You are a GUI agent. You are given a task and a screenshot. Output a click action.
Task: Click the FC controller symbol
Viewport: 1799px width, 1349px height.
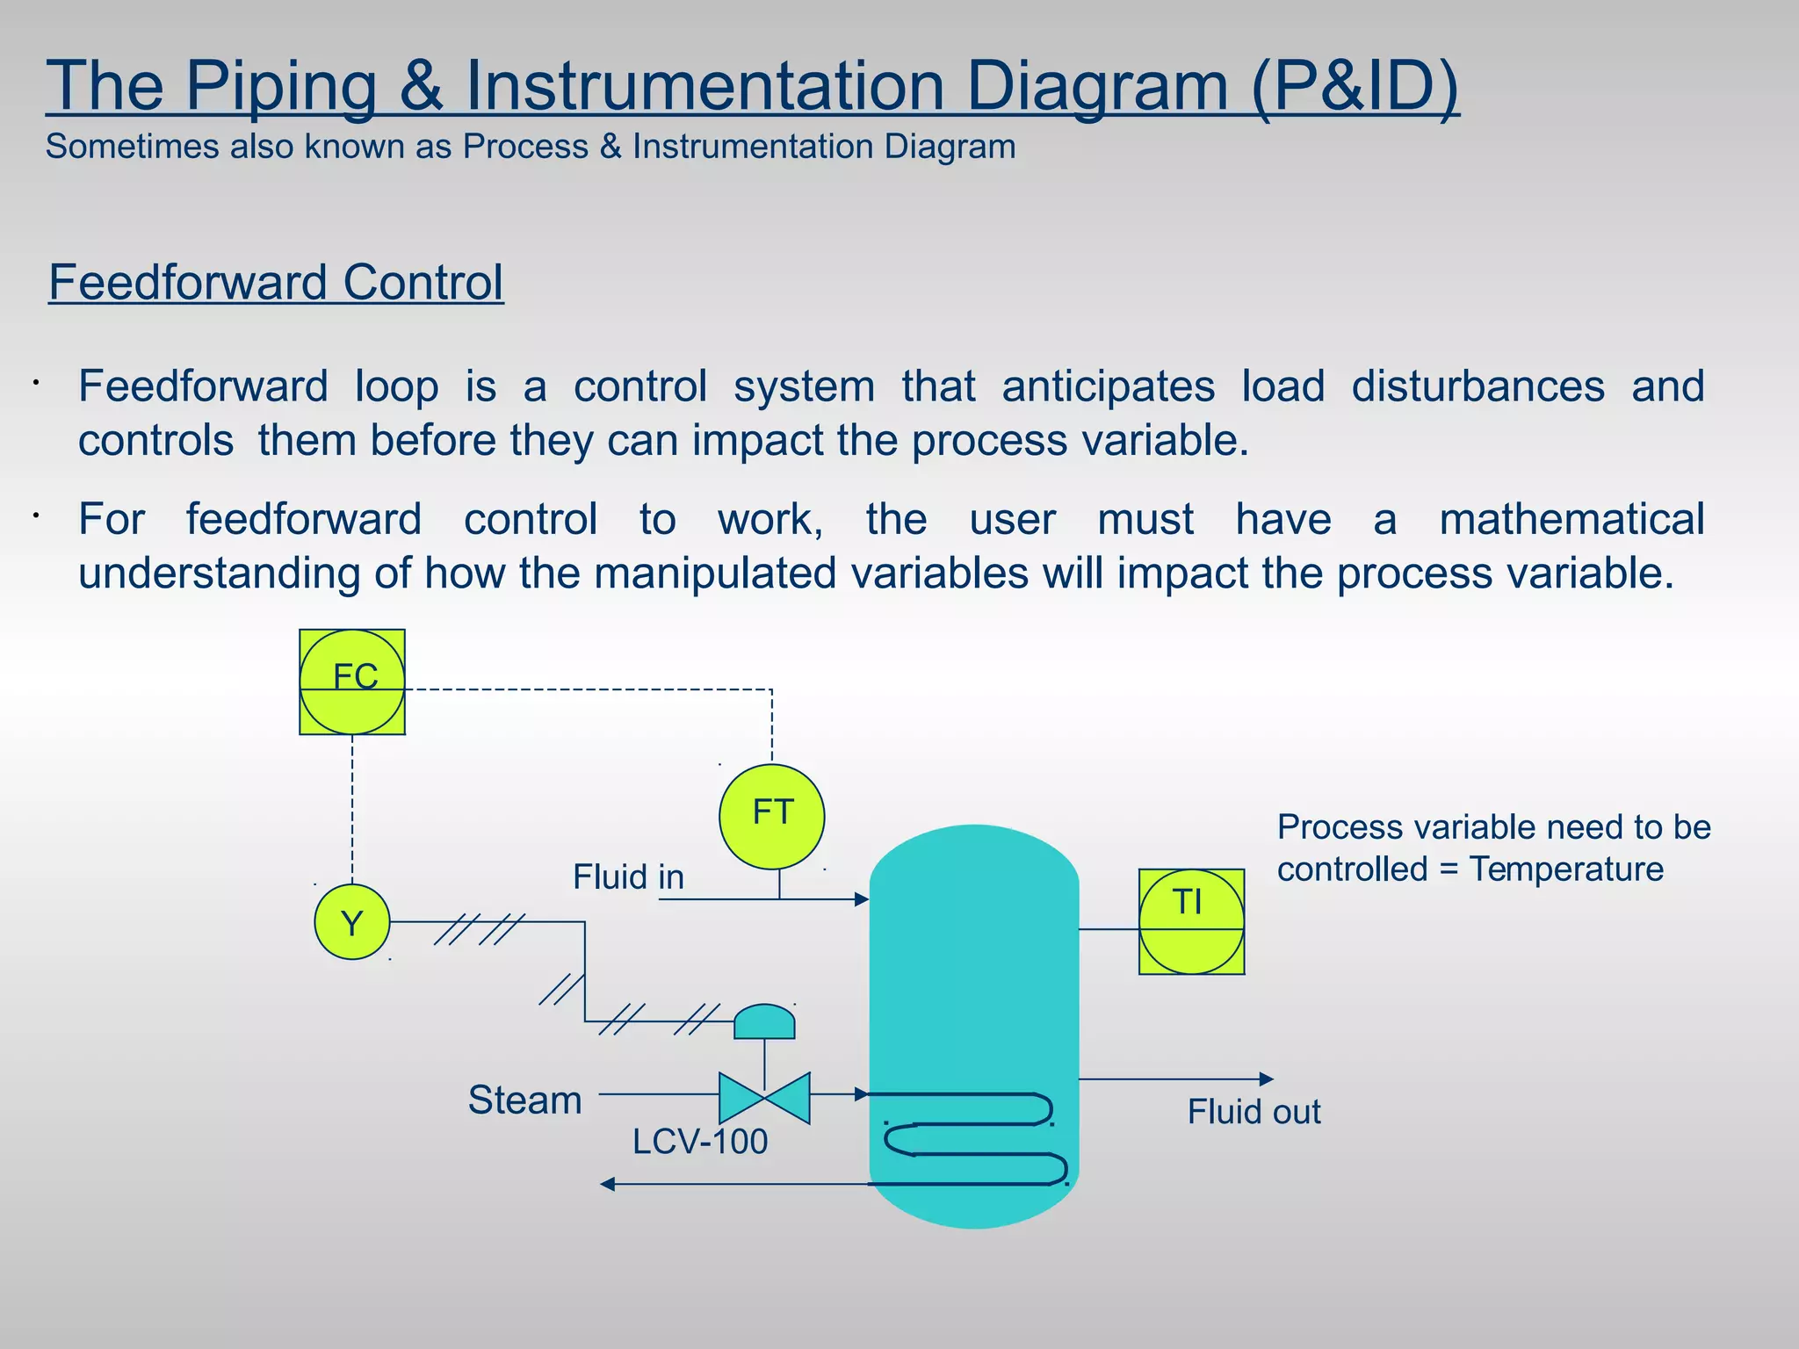(x=352, y=682)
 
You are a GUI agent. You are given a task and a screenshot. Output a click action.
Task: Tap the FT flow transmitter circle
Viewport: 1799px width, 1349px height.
(x=771, y=816)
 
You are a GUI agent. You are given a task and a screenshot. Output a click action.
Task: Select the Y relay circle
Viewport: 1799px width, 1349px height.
(x=352, y=922)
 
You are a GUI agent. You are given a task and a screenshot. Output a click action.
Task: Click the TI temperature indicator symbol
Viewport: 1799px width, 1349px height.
(x=1191, y=921)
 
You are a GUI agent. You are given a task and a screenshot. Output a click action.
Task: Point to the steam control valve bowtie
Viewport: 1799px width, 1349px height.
(x=764, y=1098)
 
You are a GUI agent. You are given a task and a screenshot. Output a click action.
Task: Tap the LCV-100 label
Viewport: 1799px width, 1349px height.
(x=700, y=1142)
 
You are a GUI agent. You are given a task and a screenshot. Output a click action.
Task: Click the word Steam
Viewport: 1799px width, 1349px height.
(x=524, y=1100)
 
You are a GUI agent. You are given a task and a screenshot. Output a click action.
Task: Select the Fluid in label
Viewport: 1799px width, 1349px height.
(x=628, y=876)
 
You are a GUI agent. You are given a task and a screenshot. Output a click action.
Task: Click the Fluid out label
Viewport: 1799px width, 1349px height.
(x=1254, y=1112)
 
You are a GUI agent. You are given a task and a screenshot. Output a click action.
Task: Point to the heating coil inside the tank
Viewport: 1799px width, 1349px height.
(x=975, y=1139)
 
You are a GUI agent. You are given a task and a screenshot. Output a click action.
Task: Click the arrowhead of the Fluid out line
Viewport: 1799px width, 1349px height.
(x=1266, y=1078)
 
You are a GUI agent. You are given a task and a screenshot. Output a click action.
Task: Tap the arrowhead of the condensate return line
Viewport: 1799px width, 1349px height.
(x=607, y=1184)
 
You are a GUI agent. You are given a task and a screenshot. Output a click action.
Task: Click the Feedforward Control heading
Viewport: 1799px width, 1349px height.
(x=276, y=283)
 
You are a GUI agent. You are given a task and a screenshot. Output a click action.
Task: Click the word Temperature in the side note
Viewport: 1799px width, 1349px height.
(x=1566, y=869)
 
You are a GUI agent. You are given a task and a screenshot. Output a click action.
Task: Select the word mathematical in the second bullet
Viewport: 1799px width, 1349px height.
(x=1571, y=519)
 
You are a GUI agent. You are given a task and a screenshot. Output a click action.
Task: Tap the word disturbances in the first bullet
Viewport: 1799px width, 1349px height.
(x=1477, y=386)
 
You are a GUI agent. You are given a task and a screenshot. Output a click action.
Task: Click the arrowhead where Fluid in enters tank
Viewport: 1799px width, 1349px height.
(x=862, y=899)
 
